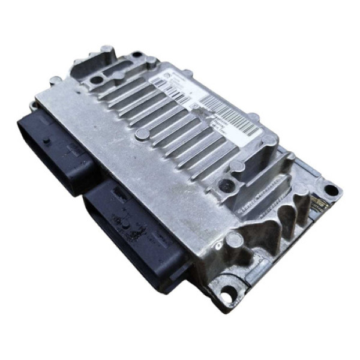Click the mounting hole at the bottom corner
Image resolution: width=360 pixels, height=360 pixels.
pos(226,296)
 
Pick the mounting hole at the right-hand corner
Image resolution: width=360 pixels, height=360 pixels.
pos(331,191)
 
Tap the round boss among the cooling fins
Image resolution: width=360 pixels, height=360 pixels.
pos(142,133)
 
